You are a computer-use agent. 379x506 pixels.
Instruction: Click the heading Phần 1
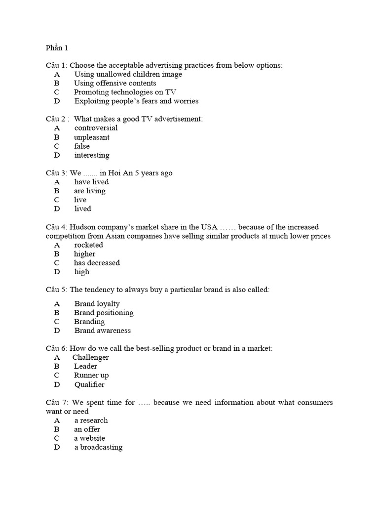pyautogui.click(x=57, y=48)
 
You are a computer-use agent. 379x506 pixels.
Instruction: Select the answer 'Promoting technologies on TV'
pyautogui.click(x=125, y=92)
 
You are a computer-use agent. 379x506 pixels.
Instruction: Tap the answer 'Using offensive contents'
pyautogui.click(x=115, y=83)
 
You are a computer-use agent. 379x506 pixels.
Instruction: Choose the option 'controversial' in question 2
pyautogui.click(x=96, y=128)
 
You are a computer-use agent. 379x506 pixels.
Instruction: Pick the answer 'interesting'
pyautogui.click(x=92, y=155)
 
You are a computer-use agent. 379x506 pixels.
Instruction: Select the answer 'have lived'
pyautogui.click(x=91, y=182)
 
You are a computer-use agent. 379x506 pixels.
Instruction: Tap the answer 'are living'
pyautogui.click(x=90, y=191)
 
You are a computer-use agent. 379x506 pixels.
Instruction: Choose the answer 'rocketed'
pyautogui.click(x=88, y=245)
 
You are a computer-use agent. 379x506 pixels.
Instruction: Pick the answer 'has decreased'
pyautogui.click(x=97, y=262)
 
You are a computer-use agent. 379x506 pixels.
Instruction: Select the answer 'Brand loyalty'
pyautogui.click(x=97, y=303)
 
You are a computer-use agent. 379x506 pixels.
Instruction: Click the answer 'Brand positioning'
pyautogui.click(x=104, y=312)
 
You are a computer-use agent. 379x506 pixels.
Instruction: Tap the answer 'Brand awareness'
pyautogui.click(x=103, y=330)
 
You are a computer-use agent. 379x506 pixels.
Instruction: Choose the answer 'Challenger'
pyautogui.click(x=90, y=357)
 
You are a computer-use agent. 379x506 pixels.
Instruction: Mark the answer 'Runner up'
pyautogui.click(x=91, y=375)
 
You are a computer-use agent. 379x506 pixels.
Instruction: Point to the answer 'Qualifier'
pyautogui.click(x=89, y=384)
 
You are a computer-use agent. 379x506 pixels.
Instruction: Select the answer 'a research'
pyautogui.click(x=91, y=420)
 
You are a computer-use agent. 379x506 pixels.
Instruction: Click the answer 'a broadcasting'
pyautogui.click(x=98, y=447)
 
